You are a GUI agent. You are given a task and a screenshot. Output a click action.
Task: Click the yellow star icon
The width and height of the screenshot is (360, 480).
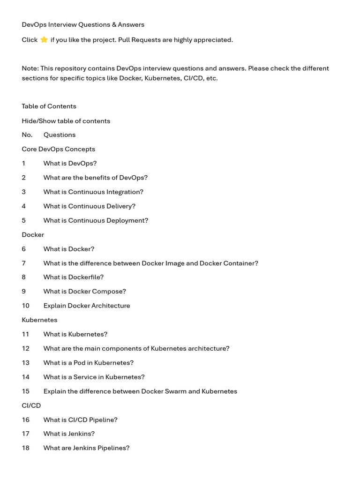coord(44,40)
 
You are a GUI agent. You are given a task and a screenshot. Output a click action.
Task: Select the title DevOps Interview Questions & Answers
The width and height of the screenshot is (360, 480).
coord(83,24)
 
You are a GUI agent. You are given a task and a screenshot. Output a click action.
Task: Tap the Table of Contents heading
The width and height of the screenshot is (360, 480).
coord(49,106)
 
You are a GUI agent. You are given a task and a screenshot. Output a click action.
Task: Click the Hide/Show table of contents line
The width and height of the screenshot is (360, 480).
coord(66,120)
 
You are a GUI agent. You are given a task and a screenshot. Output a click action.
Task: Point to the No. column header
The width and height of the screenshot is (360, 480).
coord(27,135)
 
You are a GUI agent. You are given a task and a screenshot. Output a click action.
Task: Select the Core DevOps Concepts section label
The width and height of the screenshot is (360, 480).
coord(58,149)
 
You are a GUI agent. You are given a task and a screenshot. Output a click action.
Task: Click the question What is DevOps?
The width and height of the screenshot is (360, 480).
coord(70,163)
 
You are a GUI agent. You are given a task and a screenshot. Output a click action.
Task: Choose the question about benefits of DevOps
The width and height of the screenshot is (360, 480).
coord(95,178)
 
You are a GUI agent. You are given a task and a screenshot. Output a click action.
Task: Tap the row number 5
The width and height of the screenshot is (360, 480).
coord(24,220)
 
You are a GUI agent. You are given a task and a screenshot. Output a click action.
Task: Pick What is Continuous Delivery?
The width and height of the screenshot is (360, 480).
coord(89,206)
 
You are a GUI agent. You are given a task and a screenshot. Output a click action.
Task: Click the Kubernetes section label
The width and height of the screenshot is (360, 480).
coord(39,320)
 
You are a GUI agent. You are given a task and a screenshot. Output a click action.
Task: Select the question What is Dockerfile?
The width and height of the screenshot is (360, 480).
coord(73,277)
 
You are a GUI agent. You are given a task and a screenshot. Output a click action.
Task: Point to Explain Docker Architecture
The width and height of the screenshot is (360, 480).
coord(87,306)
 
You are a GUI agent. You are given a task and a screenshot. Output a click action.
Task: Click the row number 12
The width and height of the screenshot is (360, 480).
coord(25,348)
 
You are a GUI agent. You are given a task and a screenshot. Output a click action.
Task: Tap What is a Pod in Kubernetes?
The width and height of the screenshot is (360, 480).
coord(88,362)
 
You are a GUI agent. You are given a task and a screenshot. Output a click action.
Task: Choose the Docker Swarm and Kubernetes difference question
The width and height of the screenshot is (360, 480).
coord(140,391)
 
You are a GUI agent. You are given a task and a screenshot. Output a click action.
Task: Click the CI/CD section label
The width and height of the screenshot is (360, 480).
coord(31,405)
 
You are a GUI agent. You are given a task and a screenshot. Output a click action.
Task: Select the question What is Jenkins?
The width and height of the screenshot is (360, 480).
coord(69,434)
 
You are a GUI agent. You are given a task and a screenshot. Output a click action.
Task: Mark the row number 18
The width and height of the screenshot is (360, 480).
coord(25,448)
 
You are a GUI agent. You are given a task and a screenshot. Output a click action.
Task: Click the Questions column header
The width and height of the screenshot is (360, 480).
coord(59,135)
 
